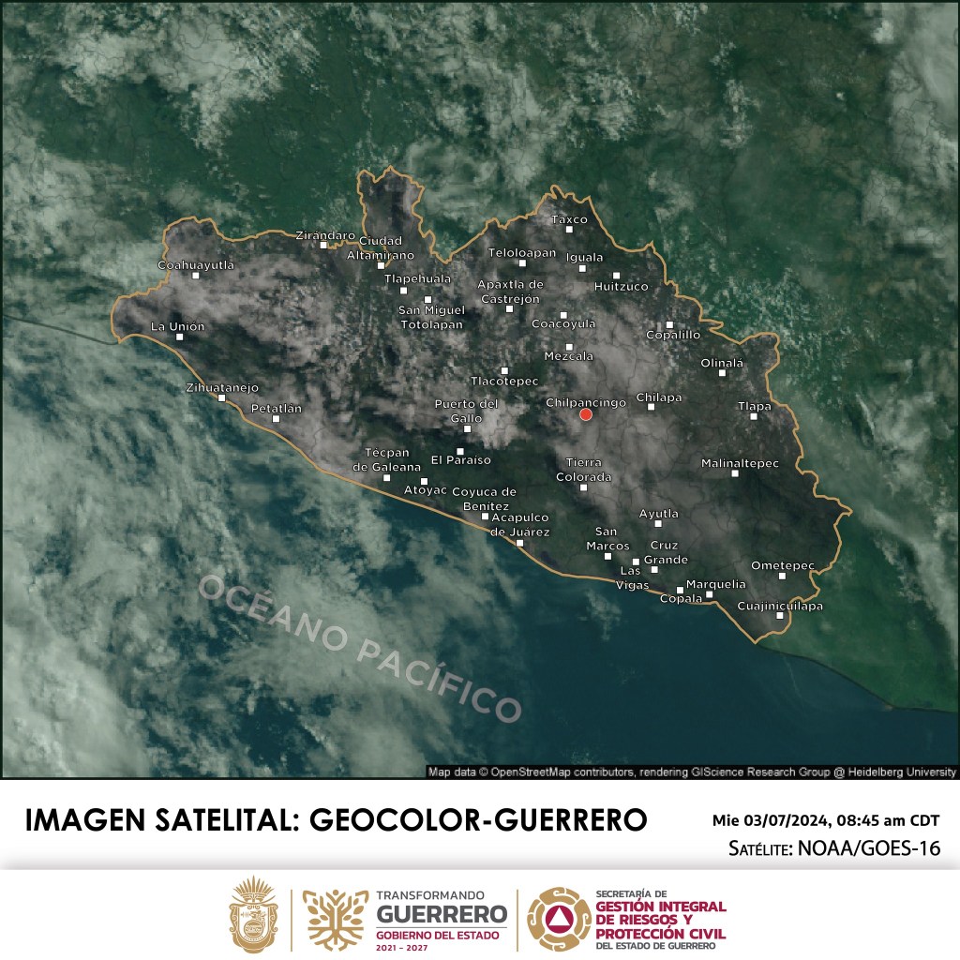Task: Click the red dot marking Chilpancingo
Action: [586, 414]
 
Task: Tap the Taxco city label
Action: [569, 219]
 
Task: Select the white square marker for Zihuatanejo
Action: [222, 397]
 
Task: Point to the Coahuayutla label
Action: [195, 265]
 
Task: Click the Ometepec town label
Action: [783, 564]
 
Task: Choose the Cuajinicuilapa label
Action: [780, 606]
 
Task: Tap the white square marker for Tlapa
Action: [754, 416]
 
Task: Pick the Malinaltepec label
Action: [740, 463]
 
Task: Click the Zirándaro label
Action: [325, 234]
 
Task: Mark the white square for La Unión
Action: [180, 337]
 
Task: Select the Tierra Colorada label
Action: [588, 470]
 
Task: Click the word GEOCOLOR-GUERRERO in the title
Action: [478, 818]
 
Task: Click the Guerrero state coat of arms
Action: [255, 915]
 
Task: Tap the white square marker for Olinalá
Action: [722, 373]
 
